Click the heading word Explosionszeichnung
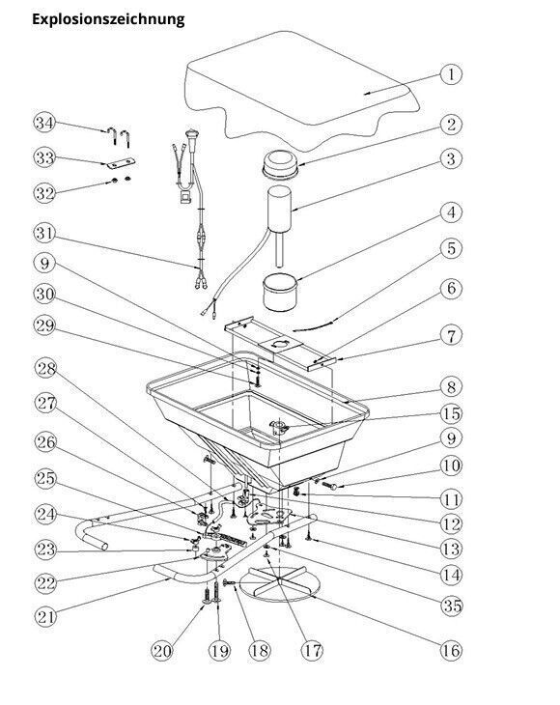[x=108, y=19]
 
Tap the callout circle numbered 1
[x=451, y=74]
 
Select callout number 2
[x=451, y=124]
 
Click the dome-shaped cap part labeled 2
[x=280, y=163]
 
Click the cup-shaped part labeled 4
[x=280, y=293]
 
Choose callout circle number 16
[x=451, y=650]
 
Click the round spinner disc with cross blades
[x=279, y=583]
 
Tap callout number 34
[x=44, y=123]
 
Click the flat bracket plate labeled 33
[x=122, y=163]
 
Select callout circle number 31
[x=44, y=234]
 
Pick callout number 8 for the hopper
[x=451, y=387]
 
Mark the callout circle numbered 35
[x=452, y=606]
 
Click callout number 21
[x=45, y=617]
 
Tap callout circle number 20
[x=161, y=651]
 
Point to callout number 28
[x=45, y=368]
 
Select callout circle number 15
[x=451, y=413]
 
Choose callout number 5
[x=451, y=248]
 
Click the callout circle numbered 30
[x=44, y=294]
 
